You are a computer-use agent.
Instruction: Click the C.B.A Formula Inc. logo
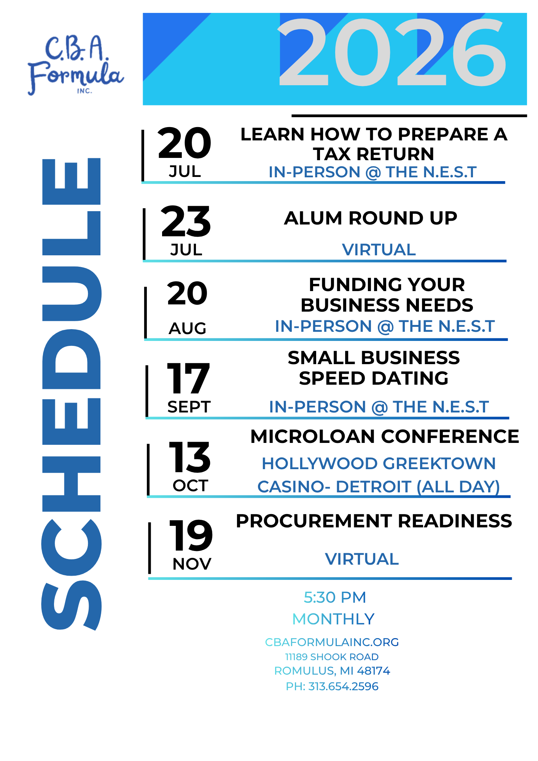click(76, 65)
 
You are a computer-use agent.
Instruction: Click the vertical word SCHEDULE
click(71, 394)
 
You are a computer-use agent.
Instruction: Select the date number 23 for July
click(186, 221)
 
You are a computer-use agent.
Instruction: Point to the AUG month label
click(187, 328)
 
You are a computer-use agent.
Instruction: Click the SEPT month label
click(189, 407)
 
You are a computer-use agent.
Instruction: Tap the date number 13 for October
click(189, 457)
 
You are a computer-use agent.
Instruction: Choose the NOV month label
click(192, 564)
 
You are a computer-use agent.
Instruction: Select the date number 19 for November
click(191, 535)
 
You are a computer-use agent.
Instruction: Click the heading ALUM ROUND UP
click(371, 218)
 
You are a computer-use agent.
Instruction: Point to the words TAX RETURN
click(374, 154)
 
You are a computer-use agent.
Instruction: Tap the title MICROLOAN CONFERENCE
click(385, 436)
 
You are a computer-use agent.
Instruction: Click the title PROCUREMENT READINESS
click(374, 521)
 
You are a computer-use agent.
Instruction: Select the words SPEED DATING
click(374, 378)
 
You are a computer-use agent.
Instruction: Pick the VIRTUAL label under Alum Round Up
click(379, 250)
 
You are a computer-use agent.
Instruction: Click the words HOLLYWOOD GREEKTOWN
click(379, 463)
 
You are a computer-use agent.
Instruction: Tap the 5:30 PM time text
click(335, 597)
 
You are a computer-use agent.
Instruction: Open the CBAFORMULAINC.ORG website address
click(332, 642)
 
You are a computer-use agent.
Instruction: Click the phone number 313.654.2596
click(343, 686)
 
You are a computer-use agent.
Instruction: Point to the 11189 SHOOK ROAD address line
click(332, 657)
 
